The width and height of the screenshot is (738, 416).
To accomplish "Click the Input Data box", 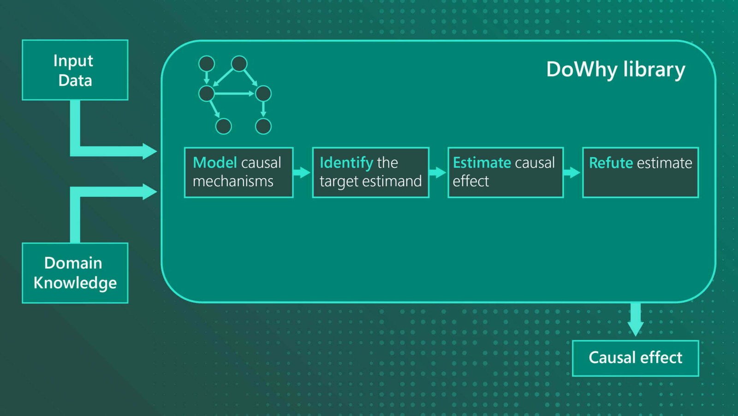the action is point(75,70).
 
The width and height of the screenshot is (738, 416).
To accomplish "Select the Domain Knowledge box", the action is point(75,273).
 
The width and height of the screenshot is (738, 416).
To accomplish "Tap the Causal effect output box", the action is point(636,358).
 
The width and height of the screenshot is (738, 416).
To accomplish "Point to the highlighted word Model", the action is point(215,163).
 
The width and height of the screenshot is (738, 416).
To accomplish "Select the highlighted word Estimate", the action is point(482,163).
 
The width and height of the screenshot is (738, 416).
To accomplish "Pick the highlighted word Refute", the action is point(611,163).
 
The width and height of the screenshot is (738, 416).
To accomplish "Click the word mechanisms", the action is point(233,181).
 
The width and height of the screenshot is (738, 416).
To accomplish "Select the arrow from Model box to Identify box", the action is point(302,172).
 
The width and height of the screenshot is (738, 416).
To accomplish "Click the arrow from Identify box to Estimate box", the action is point(437,172).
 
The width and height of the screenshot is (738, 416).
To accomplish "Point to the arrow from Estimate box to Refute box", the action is point(571,172).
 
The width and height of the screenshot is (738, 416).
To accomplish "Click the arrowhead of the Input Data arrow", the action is point(149,151).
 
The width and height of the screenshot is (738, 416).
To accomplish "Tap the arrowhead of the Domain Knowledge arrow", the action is point(149,192).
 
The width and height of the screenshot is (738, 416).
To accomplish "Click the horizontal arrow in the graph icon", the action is point(234,94).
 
